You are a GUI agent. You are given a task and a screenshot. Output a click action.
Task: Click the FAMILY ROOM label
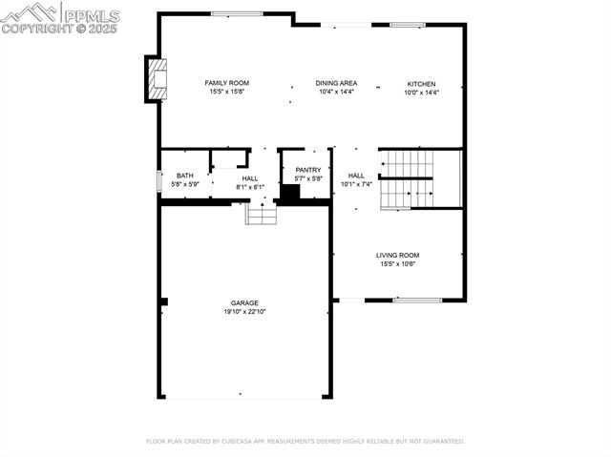pyautogui.click(x=226, y=83)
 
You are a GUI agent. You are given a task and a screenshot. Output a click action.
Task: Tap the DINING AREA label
pyautogui.click(x=336, y=83)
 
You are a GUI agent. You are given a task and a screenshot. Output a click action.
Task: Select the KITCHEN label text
pyautogui.click(x=421, y=83)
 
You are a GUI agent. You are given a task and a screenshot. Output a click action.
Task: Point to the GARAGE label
pyautogui.click(x=244, y=302)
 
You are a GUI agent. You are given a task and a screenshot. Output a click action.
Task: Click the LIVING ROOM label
pyautogui.click(x=397, y=255)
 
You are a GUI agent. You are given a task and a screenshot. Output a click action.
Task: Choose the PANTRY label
pyautogui.click(x=307, y=170)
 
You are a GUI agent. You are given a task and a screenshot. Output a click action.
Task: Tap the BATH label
pyautogui.click(x=184, y=176)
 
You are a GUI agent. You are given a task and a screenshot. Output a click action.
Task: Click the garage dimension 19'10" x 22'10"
pyautogui.click(x=244, y=312)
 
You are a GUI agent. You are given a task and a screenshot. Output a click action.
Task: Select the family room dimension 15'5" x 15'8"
pyautogui.click(x=226, y=92)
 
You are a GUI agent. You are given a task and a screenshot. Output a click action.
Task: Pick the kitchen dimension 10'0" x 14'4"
pyautogui.click(x=421, y=92)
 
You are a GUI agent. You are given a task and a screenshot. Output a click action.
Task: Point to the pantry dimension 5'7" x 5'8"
pyautogui.click(x=307, y=178)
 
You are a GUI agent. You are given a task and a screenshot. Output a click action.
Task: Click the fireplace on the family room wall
pyautogui.click(x=157, y=79)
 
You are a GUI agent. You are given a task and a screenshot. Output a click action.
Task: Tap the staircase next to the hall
pyautogui.click(x=407, y=178)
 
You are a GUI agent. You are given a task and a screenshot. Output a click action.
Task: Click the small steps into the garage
pyautogui.click(x=261, y=215)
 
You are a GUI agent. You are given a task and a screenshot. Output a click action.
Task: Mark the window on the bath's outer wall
pyautogui.click(x=158, y=181)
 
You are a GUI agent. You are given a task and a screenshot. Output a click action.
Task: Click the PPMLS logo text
pyautogui.click(x=92, y=13)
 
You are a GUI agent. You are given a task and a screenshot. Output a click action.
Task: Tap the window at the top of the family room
pyautogui.click(x=238, y=13)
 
